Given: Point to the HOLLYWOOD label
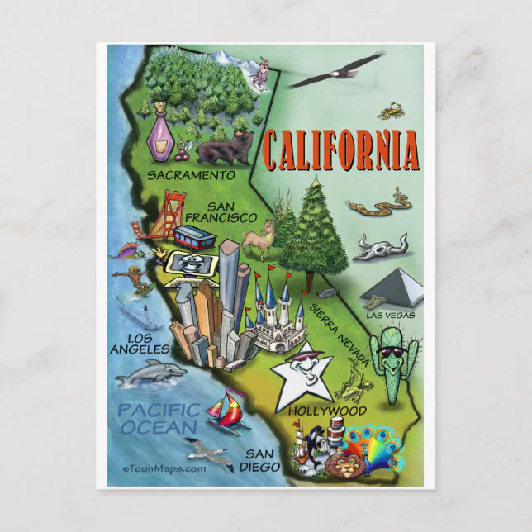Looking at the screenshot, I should (328, 410).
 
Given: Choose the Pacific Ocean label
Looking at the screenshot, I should (158, 418).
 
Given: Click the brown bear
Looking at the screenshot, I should (224, 150).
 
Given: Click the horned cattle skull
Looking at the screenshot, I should (381, 246).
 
